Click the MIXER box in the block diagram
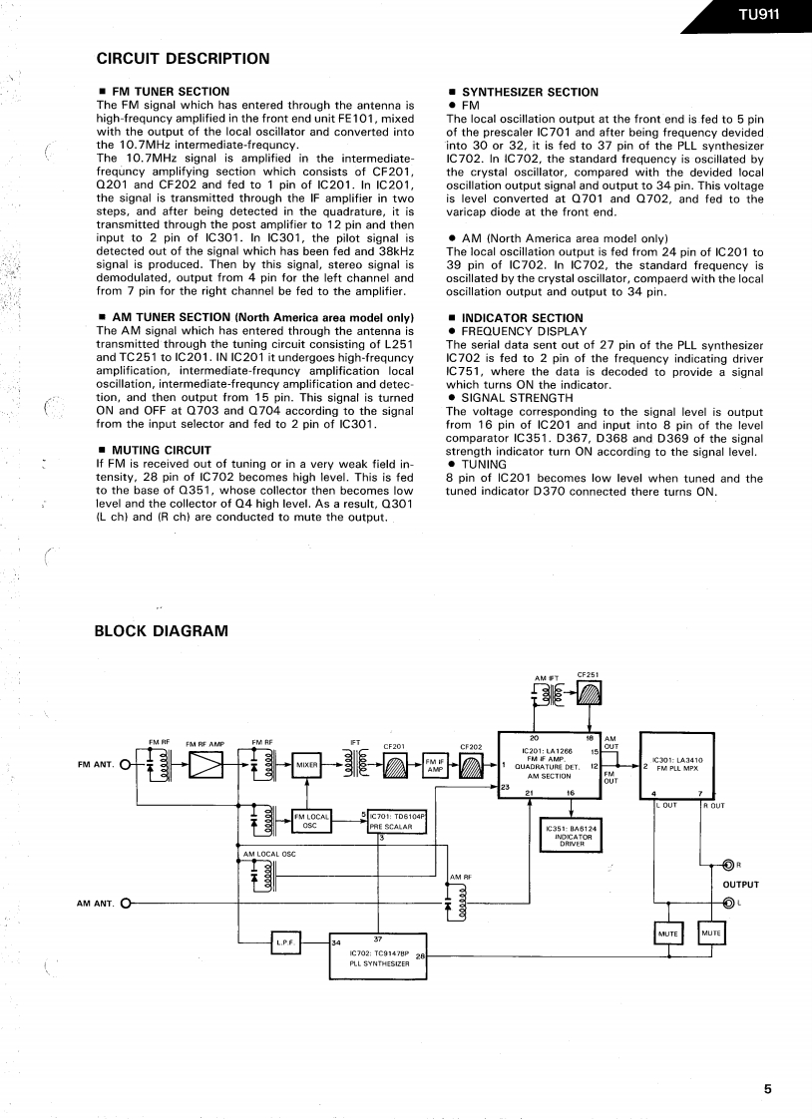pyautogui.click(x=306, y=765)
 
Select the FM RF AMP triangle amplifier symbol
pyautogui.click(x=205, y=765)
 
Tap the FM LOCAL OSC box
pyautogui.click(x=310, y=821)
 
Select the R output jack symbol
pyautogui.click(x=728, y=865)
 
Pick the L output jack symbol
pyautogui.click(x=728, y=904)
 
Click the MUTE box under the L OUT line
pyautogui.click(x=667, y=933)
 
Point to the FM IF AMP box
pyautogui.click(x=435, y=765)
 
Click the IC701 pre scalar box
pyautogui.click(x=397, y=821)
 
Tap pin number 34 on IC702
pyautogui.click(x=336, y=942)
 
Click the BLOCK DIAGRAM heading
pyautogui.click(x=161, y=630)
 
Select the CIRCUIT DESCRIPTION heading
pyautogui.click(x=183, y=59)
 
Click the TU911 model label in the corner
pyautogui.click(x=758, y=14)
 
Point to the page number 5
pyautogui.click(x=767, y=1089)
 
